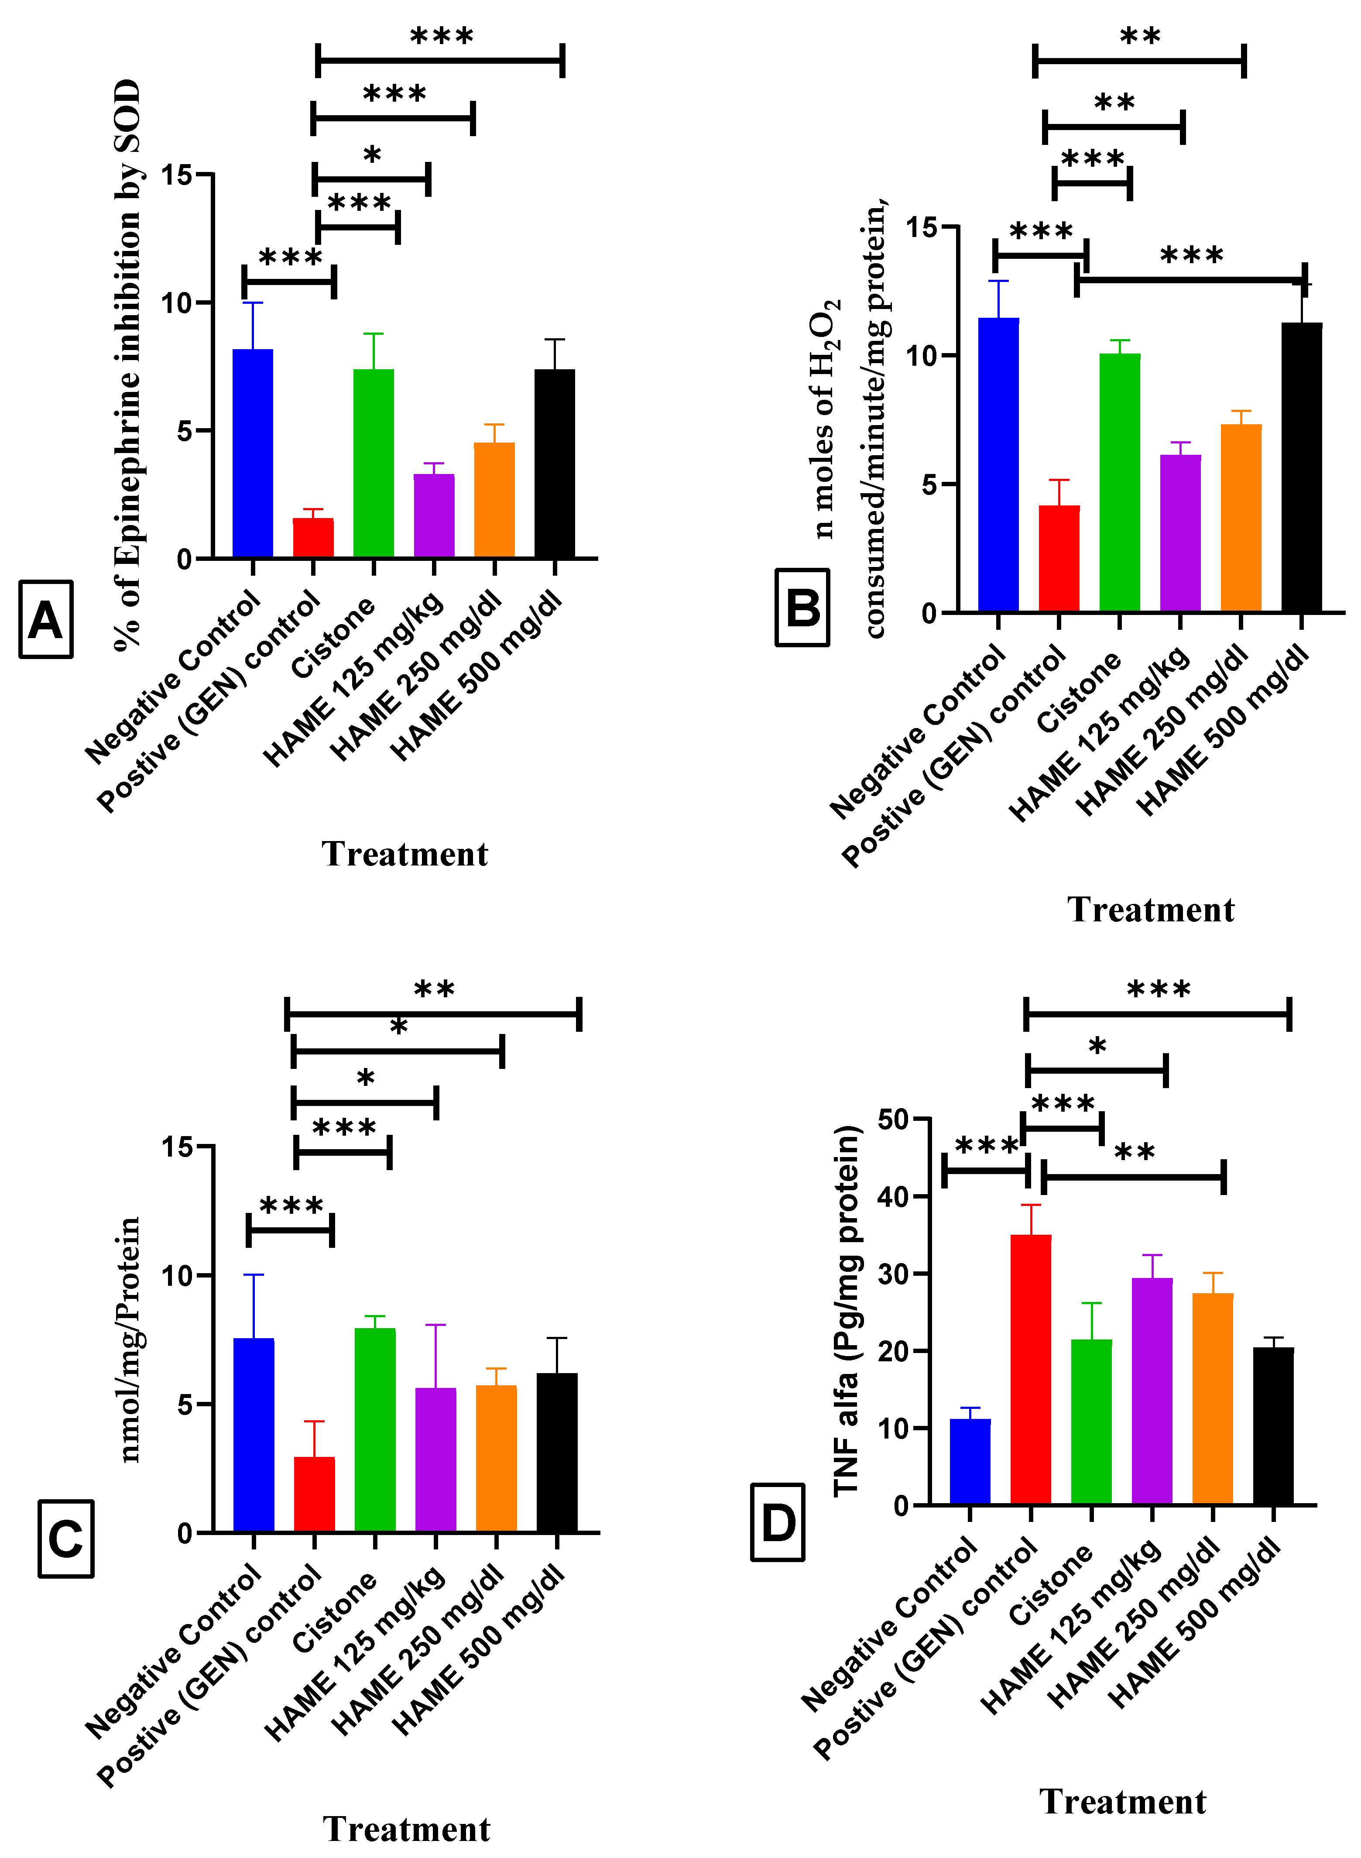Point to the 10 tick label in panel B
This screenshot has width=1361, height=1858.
pos(922,356)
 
